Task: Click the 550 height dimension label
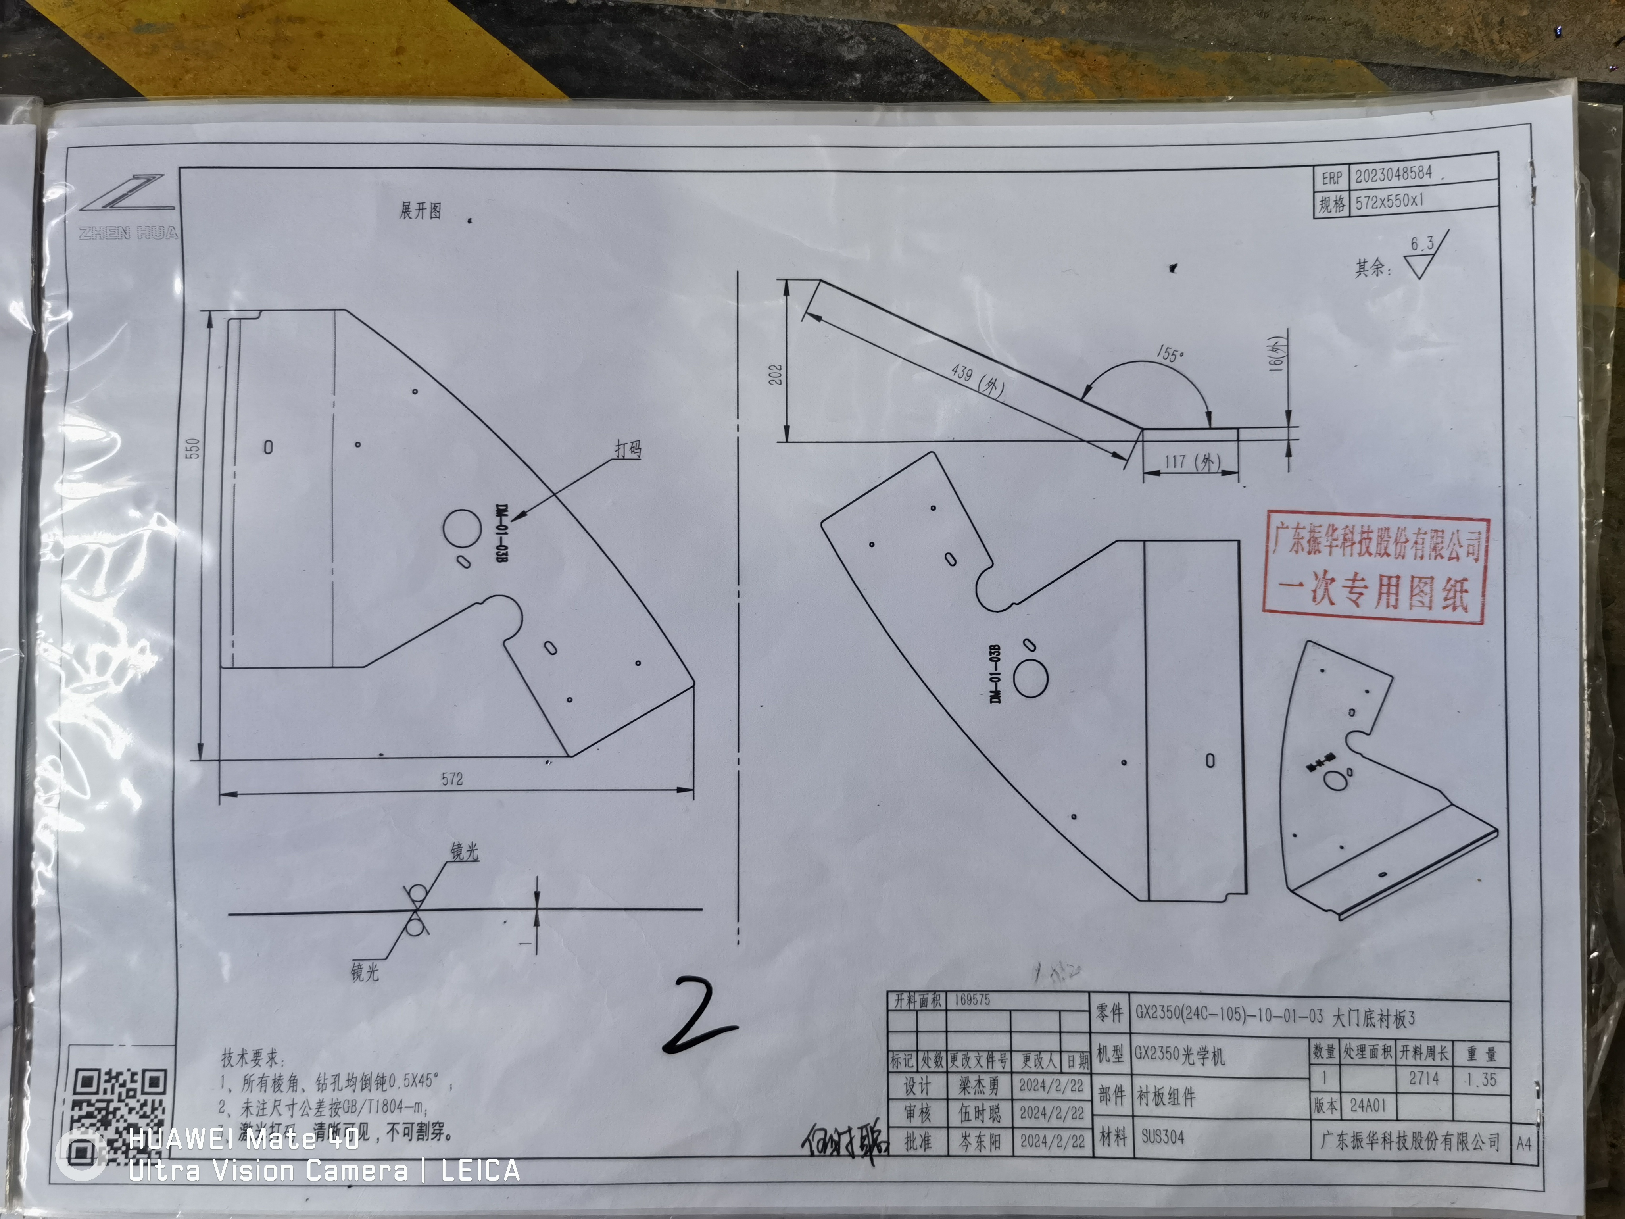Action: pyautogui.click(x=192, y=448)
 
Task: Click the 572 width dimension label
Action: pyautogui.click(x=453, y=779)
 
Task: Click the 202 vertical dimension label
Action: pyautogui.click(x=776, y=374)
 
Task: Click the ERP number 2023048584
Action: pyautogui.click(x=1394, y=174)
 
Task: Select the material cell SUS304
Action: pyautogui.click(x=1163, y=1137)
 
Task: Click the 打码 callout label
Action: pyautogui.click(x=628, y=449)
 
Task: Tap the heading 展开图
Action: pyautogui.click(x=420, y=211)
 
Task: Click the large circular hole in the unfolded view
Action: pyautogui.click(x=462, y=527)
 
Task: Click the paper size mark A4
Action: pyautogui.click(x=1523, y=1143)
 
